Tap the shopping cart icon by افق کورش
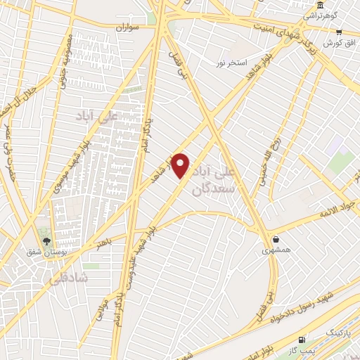click(339, 32)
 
